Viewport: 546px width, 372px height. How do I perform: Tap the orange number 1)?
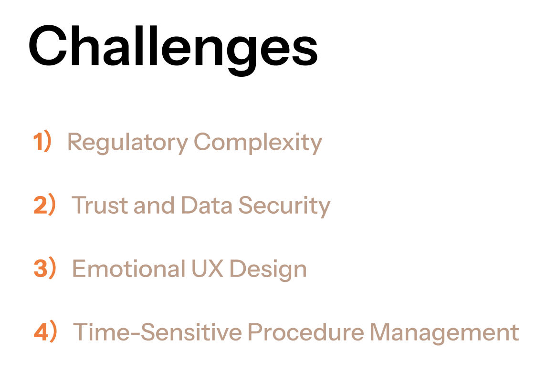(42, 141)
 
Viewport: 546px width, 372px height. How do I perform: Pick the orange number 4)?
(45, 331)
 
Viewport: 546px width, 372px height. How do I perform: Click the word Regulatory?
(128, 143)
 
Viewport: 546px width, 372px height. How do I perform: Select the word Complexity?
(258, 143)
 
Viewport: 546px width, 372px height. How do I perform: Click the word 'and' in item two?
(154, 205)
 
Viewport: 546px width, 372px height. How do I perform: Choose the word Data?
(207, 205)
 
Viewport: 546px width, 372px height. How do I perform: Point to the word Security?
(284, 206)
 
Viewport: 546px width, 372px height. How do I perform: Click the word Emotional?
(128, 269)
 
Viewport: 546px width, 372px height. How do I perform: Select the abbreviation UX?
(207, 269)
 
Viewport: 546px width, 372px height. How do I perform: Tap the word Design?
(268, 269)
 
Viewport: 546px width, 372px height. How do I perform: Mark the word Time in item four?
(101, 331)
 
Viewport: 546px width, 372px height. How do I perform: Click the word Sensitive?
(191, 331)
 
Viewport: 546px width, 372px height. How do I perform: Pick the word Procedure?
(306, 331)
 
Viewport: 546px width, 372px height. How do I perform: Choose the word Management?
(444, 333)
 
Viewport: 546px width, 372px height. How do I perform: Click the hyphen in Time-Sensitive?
(135, 334)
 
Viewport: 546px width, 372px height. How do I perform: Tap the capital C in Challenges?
(48, 45)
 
